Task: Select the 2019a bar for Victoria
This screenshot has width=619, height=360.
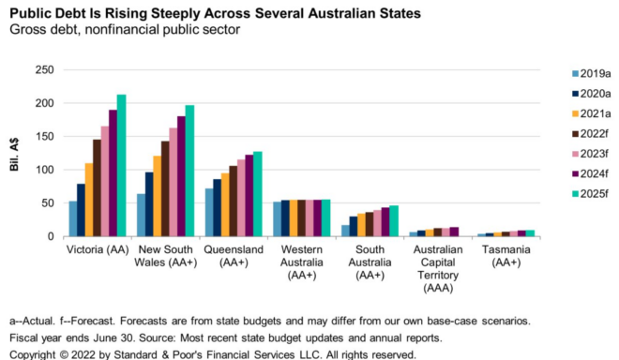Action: [73, 218]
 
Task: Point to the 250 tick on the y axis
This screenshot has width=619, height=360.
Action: [42, 70]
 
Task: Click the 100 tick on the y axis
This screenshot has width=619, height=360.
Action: [42, 170]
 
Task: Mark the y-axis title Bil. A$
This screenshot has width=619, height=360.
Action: [15, 153]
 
